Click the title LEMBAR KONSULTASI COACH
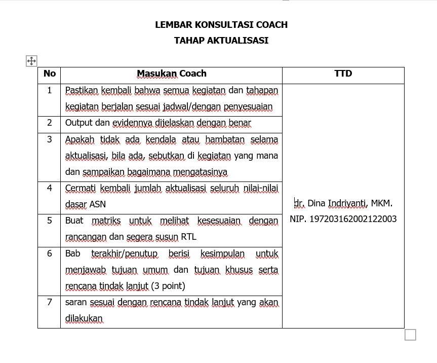(x=221, y=25)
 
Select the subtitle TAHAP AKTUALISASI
(x=221, y=41)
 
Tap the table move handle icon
(x=31, y=61)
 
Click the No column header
(x=50, y=74)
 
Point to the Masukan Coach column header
(x=171, y=74)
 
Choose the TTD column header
(x=343, y=74)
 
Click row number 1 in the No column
(x=50, y=91)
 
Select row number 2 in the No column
(x=50, y=123)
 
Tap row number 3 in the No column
(x=50, y=139)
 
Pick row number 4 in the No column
(x=50, y=188)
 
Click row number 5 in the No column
(x=50, y=221)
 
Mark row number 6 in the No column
(x=50, y=253)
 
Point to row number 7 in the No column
(x=50, y=302)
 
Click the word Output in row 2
(x=78, y=123)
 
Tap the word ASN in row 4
(x=97, y=204)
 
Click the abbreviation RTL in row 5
(x=188, y=237)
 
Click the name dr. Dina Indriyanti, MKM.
(x=343, y=203)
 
